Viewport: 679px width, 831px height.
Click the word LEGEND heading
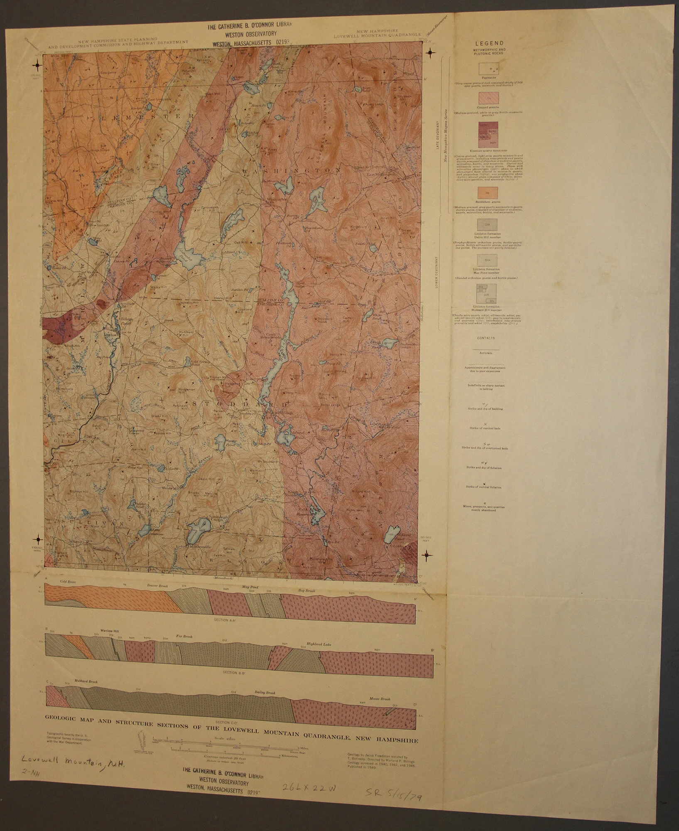[x=489, y=43]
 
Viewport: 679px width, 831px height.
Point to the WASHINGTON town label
[x=292, y=171]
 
